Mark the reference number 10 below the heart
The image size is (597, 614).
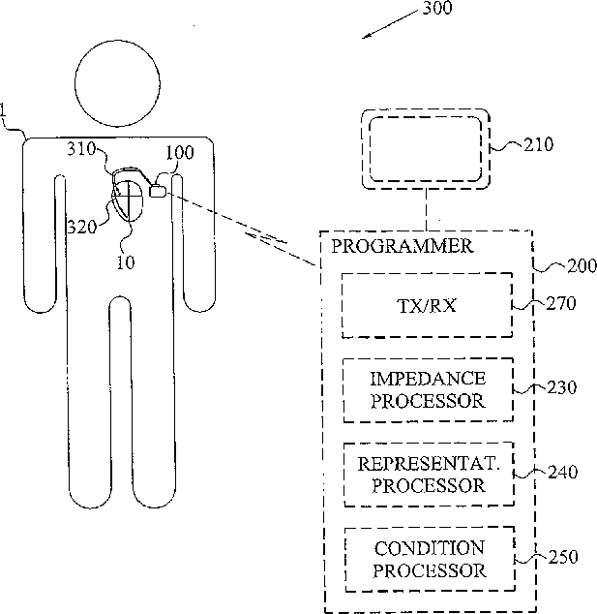[127, 261]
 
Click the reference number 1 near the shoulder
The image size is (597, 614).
[5, 124]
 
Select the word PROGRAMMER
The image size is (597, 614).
[403, 246]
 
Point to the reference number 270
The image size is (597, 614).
[561, 303]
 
